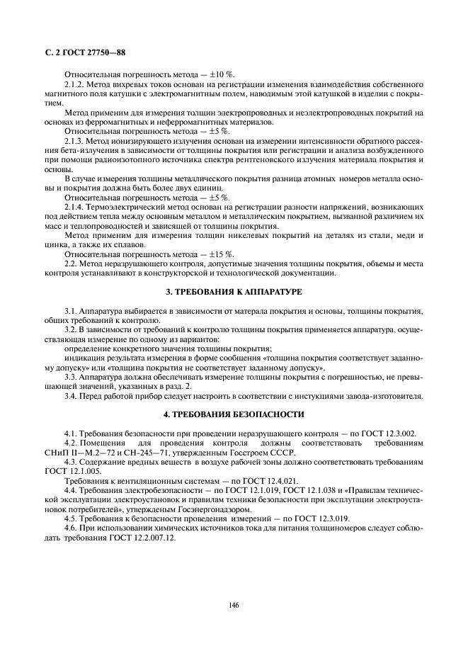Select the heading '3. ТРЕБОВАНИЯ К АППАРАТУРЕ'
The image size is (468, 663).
234,292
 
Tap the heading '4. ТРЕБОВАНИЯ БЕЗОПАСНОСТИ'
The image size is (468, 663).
234,414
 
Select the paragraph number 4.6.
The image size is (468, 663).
72,528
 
